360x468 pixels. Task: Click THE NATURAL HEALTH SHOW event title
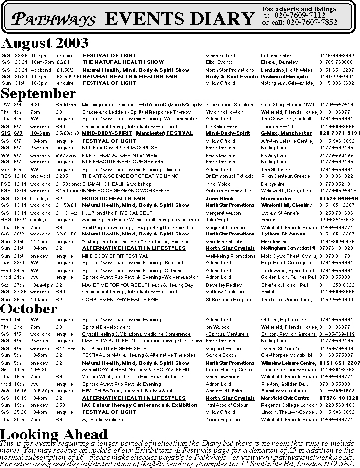tap(123, 62)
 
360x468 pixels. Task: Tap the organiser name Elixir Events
tap(219, 62)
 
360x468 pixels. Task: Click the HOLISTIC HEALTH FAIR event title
tap(113, 198)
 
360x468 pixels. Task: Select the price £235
tap(62, 176)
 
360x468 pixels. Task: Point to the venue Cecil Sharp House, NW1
tap(287, 105)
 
